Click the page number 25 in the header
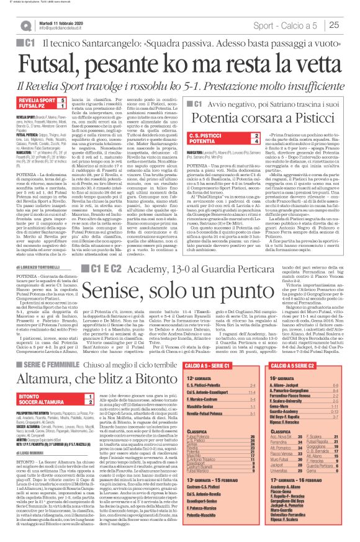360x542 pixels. click(349, 25)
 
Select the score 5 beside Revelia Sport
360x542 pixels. click(62, 99)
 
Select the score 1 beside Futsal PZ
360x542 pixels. click(62, 106)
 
